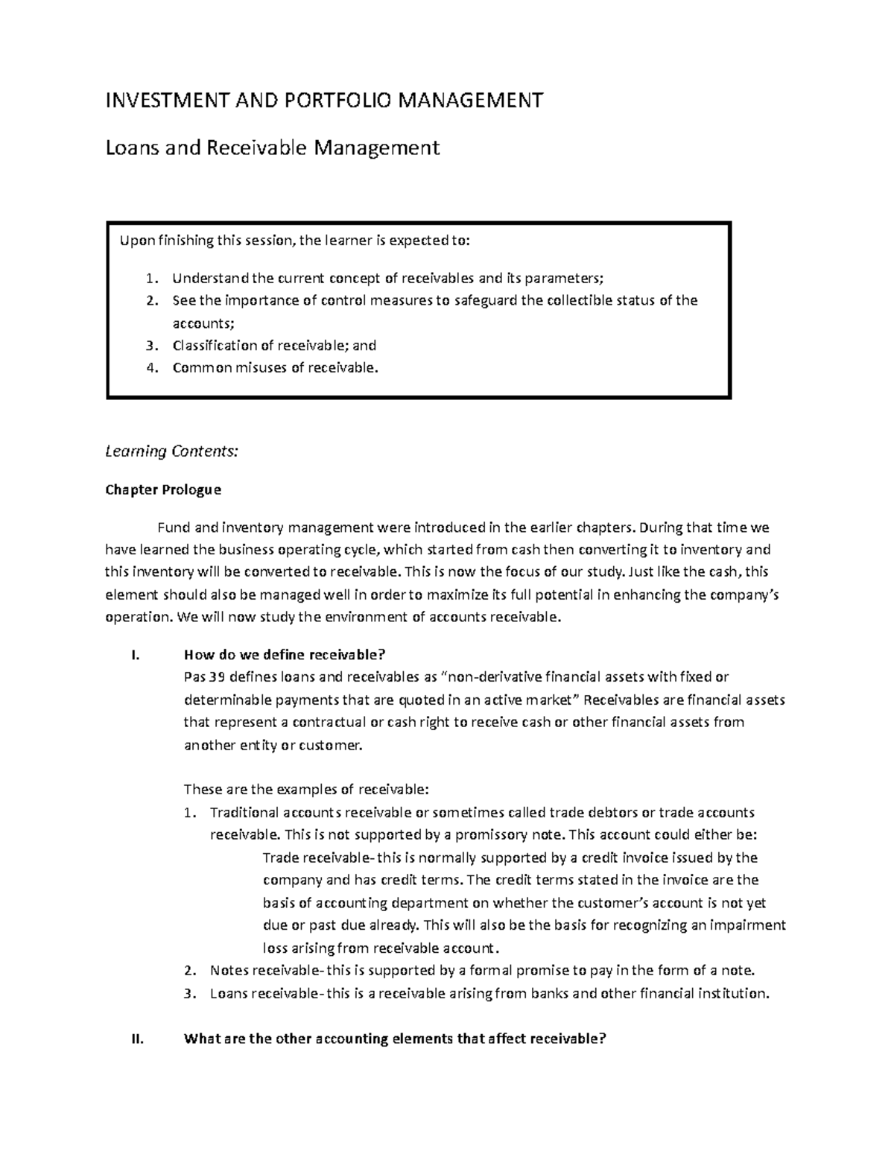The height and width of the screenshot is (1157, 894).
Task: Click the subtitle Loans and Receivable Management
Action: pos(273,148)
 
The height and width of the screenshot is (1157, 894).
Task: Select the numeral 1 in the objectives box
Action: pos(150,279)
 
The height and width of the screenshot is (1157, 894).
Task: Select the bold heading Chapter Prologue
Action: pos(163,489)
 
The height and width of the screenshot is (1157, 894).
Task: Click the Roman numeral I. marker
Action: pos(134,655)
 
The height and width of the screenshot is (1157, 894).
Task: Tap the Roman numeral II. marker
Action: pos(136,1040)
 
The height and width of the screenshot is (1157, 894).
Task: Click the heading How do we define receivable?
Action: pos(284,655)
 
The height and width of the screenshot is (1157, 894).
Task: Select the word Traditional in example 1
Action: pos(244,812)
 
